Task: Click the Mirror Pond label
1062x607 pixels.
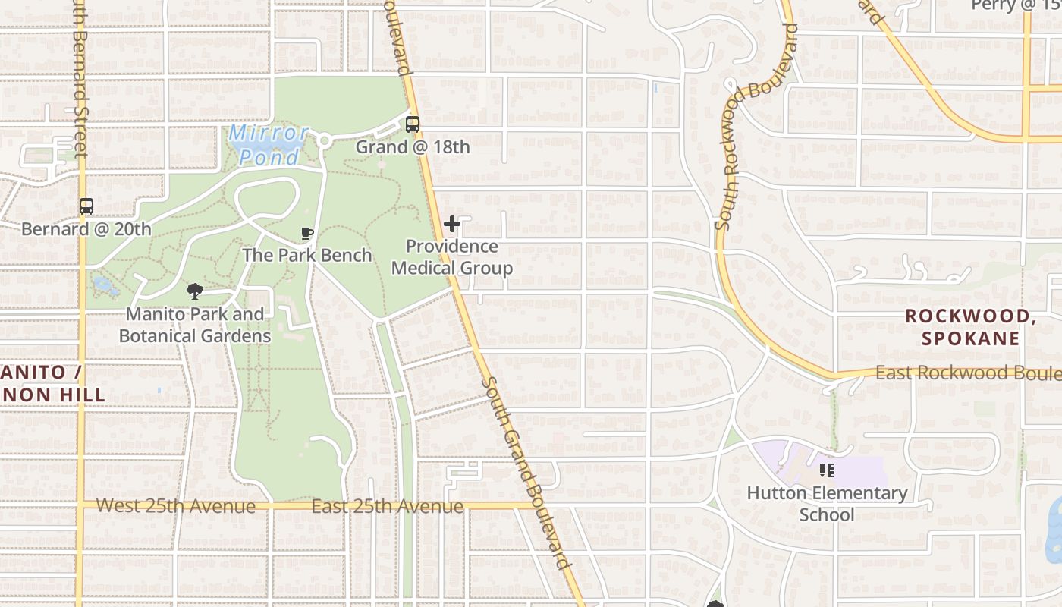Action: pos(269,145)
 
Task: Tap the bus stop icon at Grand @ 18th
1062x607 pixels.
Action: pos(413,124)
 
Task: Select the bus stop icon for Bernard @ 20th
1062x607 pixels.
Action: pos(86,206)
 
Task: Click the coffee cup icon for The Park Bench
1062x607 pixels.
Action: pos(307,233)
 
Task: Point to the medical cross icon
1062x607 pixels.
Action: pos(452,224)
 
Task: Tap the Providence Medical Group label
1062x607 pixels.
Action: pos(452,257)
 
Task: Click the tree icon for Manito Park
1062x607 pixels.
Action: pos(195,291)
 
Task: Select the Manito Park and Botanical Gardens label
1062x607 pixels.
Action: pos(195,325)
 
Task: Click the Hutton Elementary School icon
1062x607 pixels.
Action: pos(827,470)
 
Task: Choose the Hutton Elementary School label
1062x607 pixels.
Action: pos(827,504)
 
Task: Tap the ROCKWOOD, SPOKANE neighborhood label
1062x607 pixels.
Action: pos(971,327)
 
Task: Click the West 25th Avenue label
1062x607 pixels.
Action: pos(176,505)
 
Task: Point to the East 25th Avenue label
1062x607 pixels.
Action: pos(388,506)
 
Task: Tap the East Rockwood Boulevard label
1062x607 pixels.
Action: pos(967,373)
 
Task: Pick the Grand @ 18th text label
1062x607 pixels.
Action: pos(413,147)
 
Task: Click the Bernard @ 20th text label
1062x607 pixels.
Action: pos(86,229)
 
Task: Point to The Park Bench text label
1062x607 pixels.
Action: pos(307,255)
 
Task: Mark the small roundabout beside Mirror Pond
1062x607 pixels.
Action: pos(324,140)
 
